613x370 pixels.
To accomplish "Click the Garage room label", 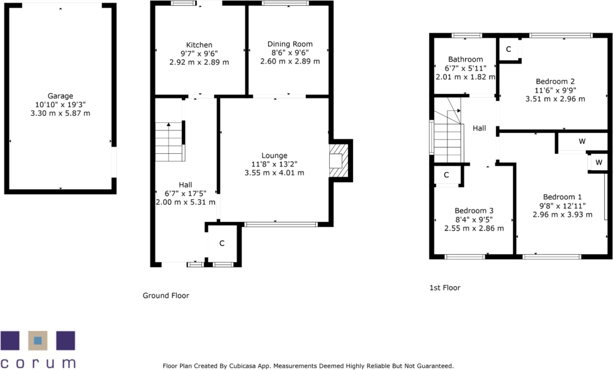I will coord(60,96).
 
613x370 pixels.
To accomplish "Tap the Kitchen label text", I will coord(199,45).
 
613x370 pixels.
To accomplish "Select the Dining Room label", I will coord(290,44).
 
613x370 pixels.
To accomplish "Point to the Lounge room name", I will coord(274,155).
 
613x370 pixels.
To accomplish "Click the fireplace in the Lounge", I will coord(338,160).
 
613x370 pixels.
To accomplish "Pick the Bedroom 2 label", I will coord(555,81).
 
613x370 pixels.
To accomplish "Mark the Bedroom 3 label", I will coord(474,211).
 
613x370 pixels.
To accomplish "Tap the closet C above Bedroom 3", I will coord(446,175).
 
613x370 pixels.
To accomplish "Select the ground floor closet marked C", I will coord(222,243).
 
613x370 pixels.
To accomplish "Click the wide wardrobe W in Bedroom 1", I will coord(582,142).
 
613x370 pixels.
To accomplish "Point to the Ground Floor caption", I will coord(166,296).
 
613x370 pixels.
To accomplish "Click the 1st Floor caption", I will coord(444,288).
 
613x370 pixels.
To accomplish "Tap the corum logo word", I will coord(38,362).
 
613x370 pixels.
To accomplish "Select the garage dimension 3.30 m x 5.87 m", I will coord(60,113).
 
